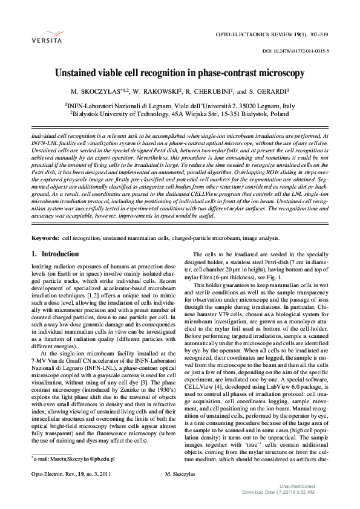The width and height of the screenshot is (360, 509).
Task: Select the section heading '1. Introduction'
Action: click(x=55, y=254)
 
